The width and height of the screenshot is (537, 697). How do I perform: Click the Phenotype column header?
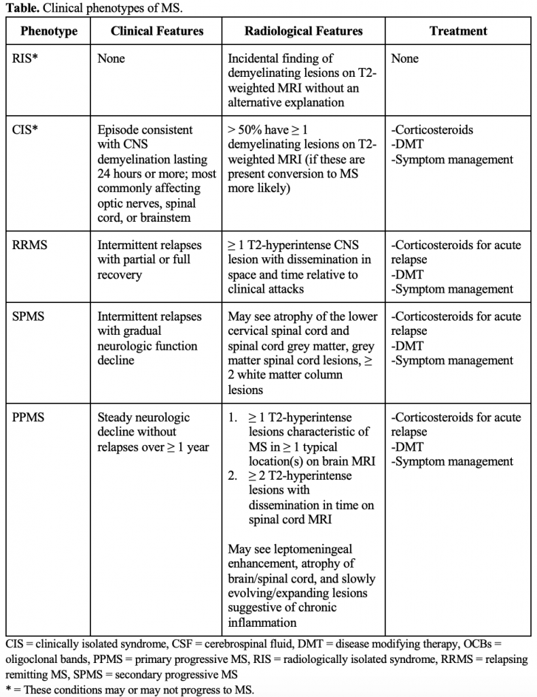(49, 31)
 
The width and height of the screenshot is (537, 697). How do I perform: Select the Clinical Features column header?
(157, 31)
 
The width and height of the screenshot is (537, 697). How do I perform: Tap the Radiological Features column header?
(304, 31)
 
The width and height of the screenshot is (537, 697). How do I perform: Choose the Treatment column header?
(458, 31)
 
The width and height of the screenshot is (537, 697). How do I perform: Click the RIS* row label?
(26, 59)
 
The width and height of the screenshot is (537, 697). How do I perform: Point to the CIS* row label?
(25, 130)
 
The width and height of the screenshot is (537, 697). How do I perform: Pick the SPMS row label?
(29, 317)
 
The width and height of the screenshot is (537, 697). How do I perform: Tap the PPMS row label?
(29, 417)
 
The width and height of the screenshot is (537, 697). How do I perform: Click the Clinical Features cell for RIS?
(111, 59)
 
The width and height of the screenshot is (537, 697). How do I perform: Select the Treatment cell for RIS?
(405, 59)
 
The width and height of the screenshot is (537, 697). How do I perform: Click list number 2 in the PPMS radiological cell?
(232, 476)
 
